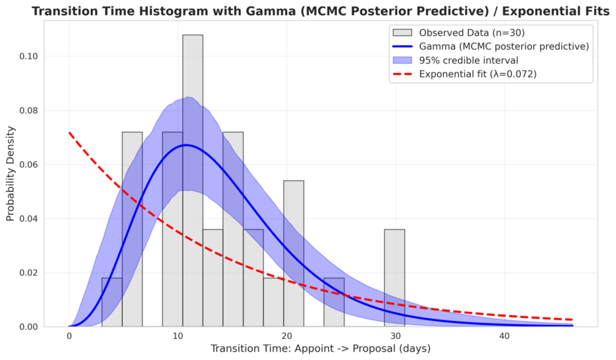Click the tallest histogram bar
tap(192, 181)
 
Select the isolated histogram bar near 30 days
tap(395, 278)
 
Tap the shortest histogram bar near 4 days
tap(112, 302)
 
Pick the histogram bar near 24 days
tap(334, 302)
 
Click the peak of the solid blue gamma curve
tap(186, 145)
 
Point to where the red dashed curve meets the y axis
tap(69, 132)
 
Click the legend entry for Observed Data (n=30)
tap(458, 33)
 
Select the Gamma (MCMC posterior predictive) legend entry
tap(491, 46)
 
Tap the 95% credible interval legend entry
tap(455, 60)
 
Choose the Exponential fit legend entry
tap(464, 74)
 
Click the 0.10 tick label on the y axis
tap(29, 56)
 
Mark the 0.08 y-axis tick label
tap(29, 110)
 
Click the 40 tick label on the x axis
tap(505, 336)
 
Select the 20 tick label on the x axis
tap(287, 336)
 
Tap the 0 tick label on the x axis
tap(69, 336)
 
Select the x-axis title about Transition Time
tap(321, 349)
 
